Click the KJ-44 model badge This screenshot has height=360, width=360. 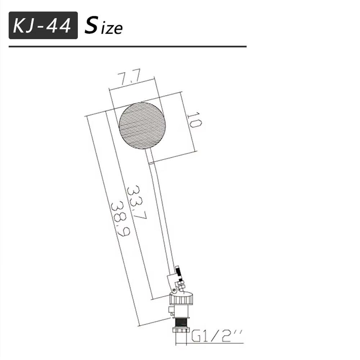(43, 26)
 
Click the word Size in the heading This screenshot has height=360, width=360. (104, 26)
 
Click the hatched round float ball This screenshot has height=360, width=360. (142, 125)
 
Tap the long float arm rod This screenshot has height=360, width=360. (160, 212)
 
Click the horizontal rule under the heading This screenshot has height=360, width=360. (127, 46)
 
